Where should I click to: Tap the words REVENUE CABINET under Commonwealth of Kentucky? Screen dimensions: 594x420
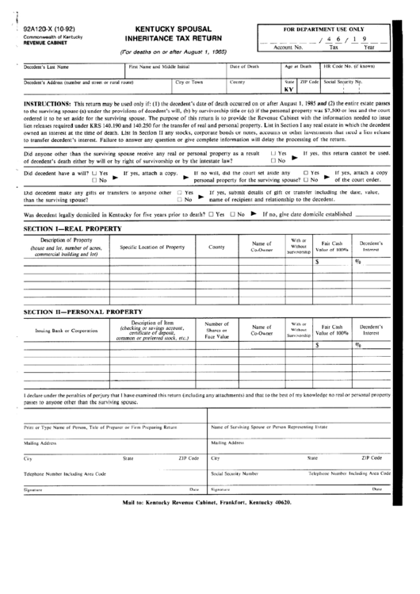(x=45, y=44)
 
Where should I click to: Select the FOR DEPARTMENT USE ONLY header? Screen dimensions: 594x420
(x=323, y=28)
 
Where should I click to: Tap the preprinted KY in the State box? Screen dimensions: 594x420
(x=289, y=90)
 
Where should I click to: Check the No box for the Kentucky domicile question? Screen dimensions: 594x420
(x=232, y=214)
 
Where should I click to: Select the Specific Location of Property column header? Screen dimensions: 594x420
(x=152, y=247)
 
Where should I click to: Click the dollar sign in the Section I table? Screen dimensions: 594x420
(x=318, y=260)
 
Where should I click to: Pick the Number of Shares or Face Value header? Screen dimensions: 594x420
(x=216, y=330)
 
